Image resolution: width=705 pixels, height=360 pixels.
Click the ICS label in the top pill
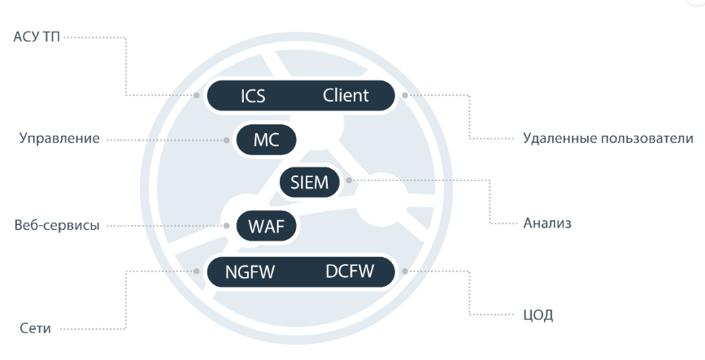(x=253, y=96)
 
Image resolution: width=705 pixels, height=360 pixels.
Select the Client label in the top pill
(x=346, y=95)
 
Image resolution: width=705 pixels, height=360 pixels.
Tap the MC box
(x=266, y=140)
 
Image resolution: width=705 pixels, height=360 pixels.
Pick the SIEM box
(x=309, y=182)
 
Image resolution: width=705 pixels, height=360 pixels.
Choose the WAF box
(x=266, y=225)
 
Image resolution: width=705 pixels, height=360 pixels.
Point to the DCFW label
(x=350, y=271)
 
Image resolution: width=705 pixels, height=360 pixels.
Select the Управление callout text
(x=59, y=139)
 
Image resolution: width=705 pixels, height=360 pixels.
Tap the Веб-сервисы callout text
(x=57, y=225)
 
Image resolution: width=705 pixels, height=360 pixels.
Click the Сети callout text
(x=35, y=329)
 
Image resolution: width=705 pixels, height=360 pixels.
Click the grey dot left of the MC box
(x=226, y=140)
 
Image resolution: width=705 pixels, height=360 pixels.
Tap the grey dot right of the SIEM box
(x=348, y=180)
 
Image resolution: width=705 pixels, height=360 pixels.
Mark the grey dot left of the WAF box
(x=228, y=225)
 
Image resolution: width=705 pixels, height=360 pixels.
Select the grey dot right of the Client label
(x=404, y=95)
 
